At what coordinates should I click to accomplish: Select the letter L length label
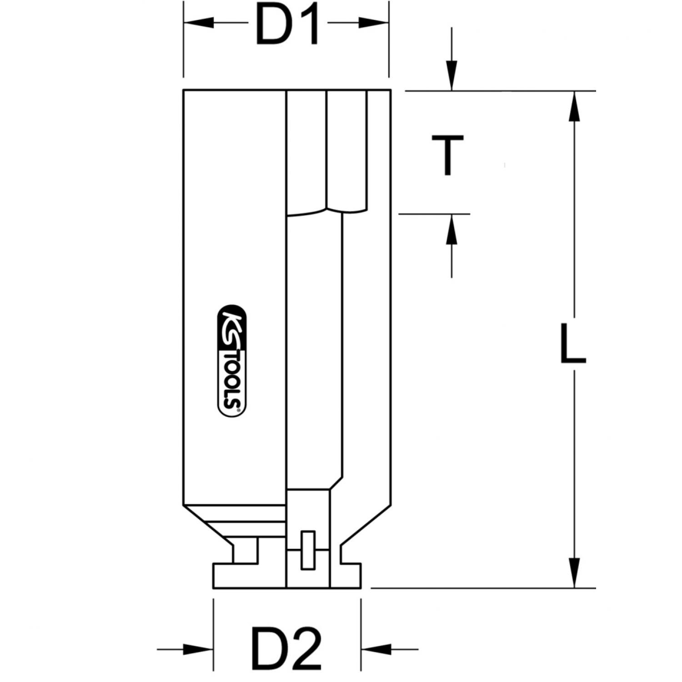coord(572,344)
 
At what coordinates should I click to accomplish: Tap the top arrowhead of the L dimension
coord(575,107)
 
